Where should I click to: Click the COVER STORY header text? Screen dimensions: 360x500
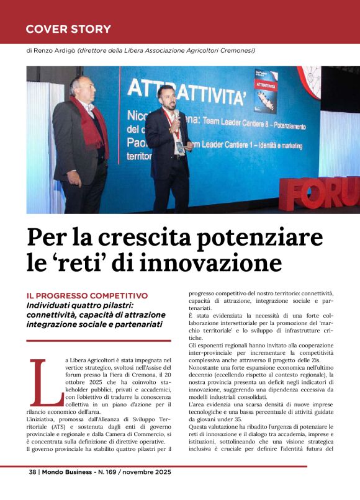click(x=68, y=29)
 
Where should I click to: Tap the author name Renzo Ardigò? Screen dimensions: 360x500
click(x=53, y=51)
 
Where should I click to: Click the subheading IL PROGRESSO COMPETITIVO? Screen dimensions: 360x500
click(x=86, y=295)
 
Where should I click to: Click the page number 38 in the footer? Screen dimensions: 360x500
click(x=32, y=472)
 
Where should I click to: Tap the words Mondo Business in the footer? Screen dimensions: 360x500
click(x=70, y=472)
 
